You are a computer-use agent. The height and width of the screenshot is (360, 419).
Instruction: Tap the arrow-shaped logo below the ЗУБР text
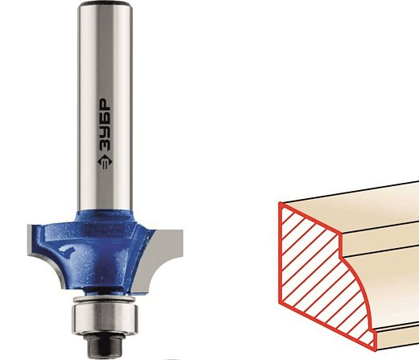(105, 163)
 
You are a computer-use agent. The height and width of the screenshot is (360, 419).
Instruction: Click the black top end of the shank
(105, 4)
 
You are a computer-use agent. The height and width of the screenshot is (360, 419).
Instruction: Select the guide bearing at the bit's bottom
(105, 317)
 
